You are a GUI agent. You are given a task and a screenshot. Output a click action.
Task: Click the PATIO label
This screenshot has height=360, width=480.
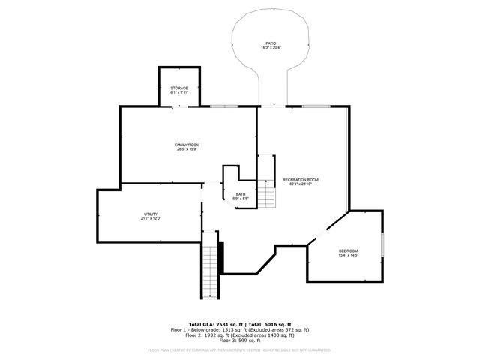tap(270, 43)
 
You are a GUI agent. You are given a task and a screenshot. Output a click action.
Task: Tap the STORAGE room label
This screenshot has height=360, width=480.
tap(178, 88)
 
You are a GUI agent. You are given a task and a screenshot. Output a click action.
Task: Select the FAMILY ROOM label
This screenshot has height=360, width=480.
tap(187, 144)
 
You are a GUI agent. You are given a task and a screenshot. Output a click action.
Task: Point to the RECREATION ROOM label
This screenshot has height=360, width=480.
tap(301, 180)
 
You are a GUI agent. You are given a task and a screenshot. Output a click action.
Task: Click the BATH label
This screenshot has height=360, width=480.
tap(241, 194)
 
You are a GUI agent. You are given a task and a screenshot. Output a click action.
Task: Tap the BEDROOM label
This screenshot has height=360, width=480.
tap(348, 250)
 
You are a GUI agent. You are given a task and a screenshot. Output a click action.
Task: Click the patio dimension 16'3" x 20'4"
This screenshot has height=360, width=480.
tap(270, 48)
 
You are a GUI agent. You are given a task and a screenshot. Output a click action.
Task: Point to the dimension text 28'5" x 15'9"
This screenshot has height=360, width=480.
tap(187, 148)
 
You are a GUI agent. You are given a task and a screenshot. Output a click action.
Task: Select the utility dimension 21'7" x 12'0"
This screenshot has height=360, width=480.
tap(151, 218)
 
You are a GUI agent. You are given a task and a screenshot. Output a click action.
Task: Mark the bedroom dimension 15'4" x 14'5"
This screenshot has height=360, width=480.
tap(348, 255)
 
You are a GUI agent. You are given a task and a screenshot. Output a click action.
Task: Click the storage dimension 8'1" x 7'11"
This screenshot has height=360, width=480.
tap(178, 93)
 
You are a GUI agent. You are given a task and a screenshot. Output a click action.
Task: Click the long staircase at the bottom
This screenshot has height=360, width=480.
tap(211, 270)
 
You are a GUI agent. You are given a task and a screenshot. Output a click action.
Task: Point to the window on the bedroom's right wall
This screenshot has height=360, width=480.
tap(382, 244)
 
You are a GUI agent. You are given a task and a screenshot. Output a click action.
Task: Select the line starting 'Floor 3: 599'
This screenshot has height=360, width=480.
tap(240, 340)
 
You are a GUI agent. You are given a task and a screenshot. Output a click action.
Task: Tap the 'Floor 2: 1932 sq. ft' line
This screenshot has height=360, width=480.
tap(240, 335)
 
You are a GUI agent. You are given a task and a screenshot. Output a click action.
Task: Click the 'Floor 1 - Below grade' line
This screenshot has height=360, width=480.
tap(240, 329)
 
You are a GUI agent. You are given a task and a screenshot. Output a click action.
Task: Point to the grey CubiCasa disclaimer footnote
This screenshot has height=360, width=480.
tap(240, 349)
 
